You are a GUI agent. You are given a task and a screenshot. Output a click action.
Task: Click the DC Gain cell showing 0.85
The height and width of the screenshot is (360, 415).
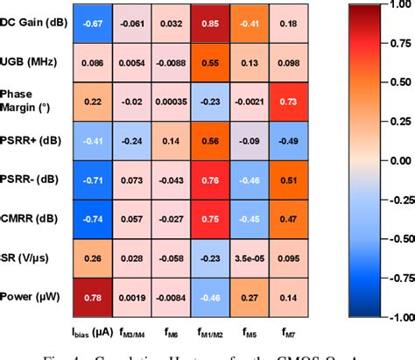point(212,25)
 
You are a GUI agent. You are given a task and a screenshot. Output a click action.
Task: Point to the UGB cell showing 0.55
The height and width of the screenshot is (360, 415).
point(212,64)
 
